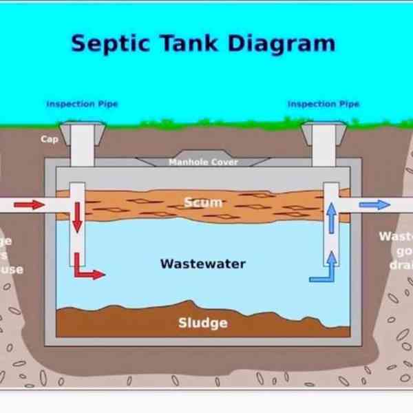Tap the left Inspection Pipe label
(82, 104)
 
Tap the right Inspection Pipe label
(324, 104)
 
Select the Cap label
(49, 139)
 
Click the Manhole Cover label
(203, 162)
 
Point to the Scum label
(203, 202)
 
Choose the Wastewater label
(202, 264)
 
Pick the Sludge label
(202, 322)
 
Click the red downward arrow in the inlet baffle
(77, 218)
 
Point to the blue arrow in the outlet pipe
(374, 204)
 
